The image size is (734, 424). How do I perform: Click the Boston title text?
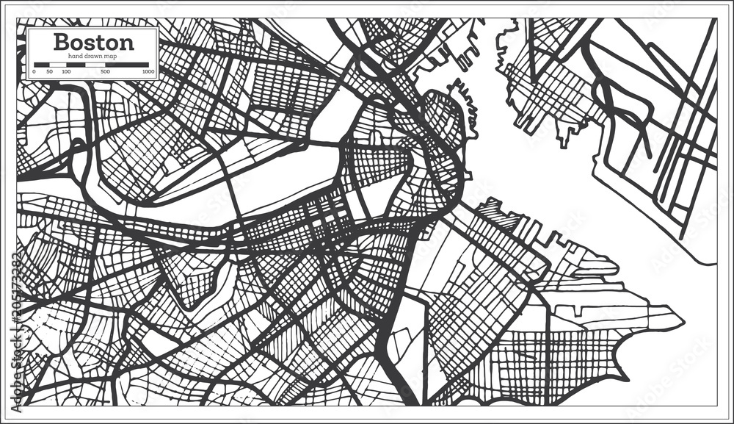[92, 41]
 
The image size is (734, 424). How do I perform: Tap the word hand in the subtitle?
[76, 57]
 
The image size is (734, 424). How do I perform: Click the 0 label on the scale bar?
[34, 72]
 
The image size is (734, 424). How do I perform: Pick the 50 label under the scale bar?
[49, 72]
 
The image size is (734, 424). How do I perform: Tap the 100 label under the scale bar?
[66, 72]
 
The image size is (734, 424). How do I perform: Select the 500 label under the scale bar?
[105, 72]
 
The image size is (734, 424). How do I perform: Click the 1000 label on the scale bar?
[148, 72]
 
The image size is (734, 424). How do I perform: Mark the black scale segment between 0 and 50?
[42, 65]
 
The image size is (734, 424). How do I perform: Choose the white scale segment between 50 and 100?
[58, 65]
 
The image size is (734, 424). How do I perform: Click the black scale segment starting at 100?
[76, 65]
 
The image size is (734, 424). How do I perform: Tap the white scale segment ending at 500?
[95, 65]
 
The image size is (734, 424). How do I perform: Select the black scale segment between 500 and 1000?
[127, 65]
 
